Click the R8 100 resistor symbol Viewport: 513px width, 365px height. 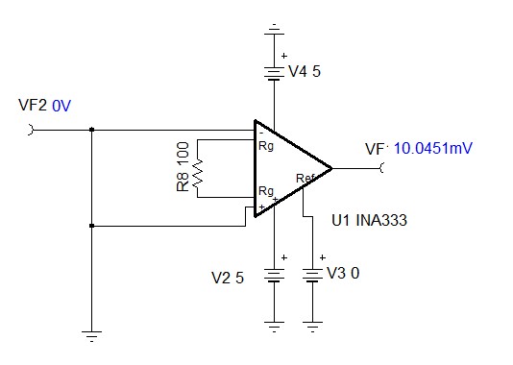click(198, 169)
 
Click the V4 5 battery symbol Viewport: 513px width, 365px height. click(275, 73)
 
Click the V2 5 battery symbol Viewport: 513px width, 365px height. click(275, 277)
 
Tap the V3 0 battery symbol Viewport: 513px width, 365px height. click(313, 277)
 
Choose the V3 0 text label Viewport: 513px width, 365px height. click(343, 273)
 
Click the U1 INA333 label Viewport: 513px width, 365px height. click(370, 221)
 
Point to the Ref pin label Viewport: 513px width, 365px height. click(305, 179)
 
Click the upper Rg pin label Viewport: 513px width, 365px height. click(266, 146)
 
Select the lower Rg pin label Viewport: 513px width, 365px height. click(266, 191)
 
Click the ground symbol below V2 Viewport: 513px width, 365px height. click(275, 324)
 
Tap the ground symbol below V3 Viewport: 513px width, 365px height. click(313, 324)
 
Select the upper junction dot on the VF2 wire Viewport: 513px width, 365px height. click(91, 130)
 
